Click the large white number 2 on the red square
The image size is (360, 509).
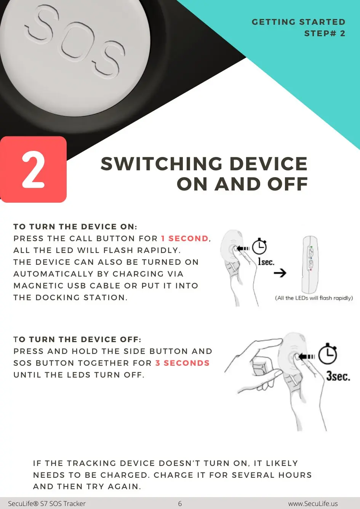pos(33,170)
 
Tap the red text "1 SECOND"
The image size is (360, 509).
pos(185,238)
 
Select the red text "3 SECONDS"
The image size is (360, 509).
pos(182,363)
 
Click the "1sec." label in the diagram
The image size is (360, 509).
pos(266,261)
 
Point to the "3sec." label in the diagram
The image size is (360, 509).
pos(338,376)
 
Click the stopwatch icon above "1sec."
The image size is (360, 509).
pos(259,246)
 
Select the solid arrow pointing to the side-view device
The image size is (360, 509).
pos(280,273)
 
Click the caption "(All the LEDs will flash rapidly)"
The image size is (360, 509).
pos(314,298)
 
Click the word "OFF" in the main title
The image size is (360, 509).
pos(288,184)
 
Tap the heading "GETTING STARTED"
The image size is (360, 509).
pos(298,22)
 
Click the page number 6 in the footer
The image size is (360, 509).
pos(180,504)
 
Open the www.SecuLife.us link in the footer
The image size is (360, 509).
pos(313,504)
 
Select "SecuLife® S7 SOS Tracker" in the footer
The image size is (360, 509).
pos(47,504)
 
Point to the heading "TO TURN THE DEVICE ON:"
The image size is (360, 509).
pos(75,227)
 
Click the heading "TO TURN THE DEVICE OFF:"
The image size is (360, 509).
pos(77,339)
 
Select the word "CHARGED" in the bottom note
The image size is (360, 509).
pos(125,475)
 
